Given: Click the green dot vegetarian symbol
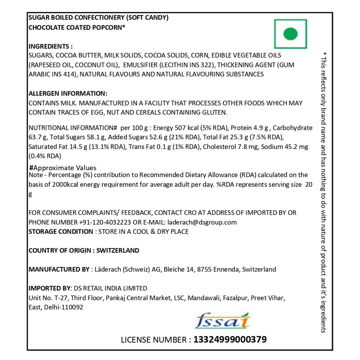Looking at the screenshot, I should click(291, 34).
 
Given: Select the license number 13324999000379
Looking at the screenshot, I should click(230, 339).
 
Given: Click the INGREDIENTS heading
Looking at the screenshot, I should click(50, 46).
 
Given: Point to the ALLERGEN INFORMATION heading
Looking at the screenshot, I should click(68, 93).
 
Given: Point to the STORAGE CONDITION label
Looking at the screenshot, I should click(60, 231).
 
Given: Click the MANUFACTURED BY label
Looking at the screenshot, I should click(59, 269).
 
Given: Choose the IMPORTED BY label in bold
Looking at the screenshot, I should click(50, 288).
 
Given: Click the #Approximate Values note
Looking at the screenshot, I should click(63, 168).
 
